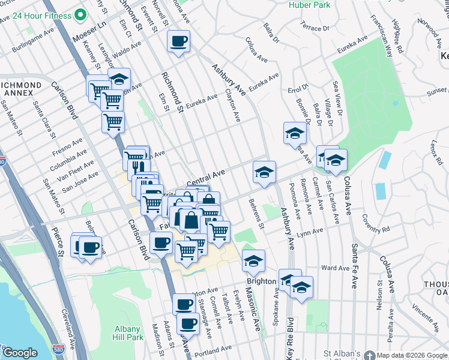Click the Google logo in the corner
20,353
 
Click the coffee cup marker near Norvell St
179,41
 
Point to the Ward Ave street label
336,267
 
